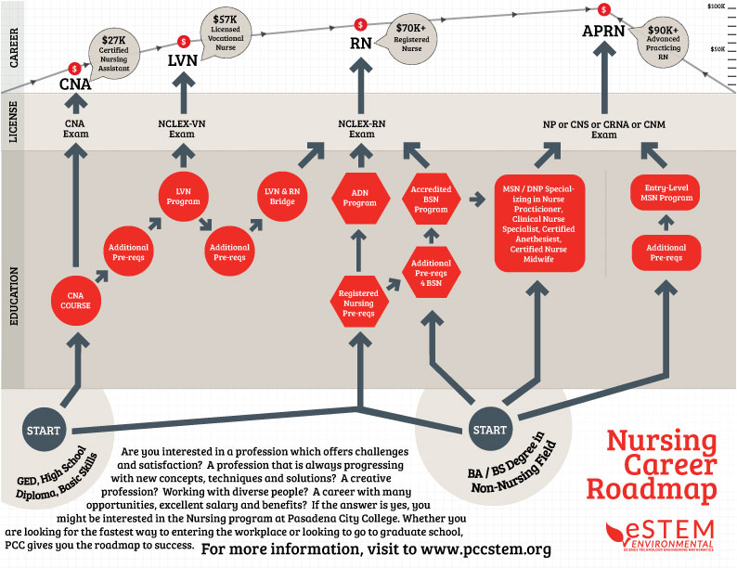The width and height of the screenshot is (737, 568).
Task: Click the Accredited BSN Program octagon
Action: (430, 198)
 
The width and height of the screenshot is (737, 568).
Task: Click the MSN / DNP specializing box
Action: (539, 223)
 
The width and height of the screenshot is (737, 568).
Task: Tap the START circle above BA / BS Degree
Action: (489, 431)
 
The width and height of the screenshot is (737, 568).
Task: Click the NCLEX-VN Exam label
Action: (184, 128)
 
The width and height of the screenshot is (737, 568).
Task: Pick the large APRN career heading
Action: (605, 32)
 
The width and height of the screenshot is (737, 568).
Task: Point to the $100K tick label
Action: (716, 6)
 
